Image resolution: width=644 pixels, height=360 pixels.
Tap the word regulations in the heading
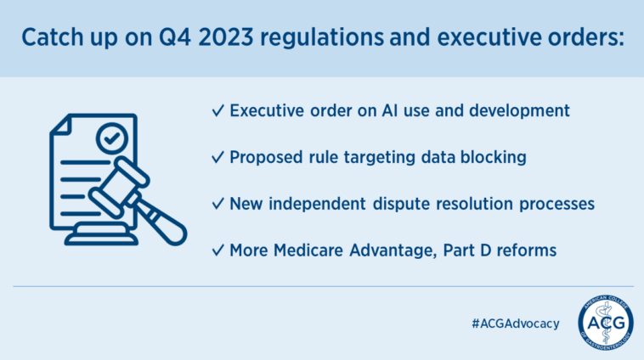[x=322, y=38]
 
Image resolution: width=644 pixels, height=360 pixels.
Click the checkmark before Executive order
[x=217, y=110]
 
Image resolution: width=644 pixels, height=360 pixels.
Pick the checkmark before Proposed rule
[x=217, y=157]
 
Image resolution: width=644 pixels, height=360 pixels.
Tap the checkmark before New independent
[x=217, y=203]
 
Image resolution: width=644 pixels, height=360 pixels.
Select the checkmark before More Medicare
[x=217, y=250]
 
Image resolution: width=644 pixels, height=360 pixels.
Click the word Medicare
[x=308, y=250]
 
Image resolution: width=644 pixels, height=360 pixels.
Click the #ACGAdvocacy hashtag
[x=516, y=323]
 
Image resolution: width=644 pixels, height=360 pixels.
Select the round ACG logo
[x=606, y=323]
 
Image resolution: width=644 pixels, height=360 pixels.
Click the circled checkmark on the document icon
[x=111, y=138]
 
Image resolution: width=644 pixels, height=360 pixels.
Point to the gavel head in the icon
[x=119, y=187]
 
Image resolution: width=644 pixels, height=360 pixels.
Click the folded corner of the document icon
[x=60, y=124]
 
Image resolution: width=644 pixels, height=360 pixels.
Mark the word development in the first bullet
[x=519, y=111]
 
